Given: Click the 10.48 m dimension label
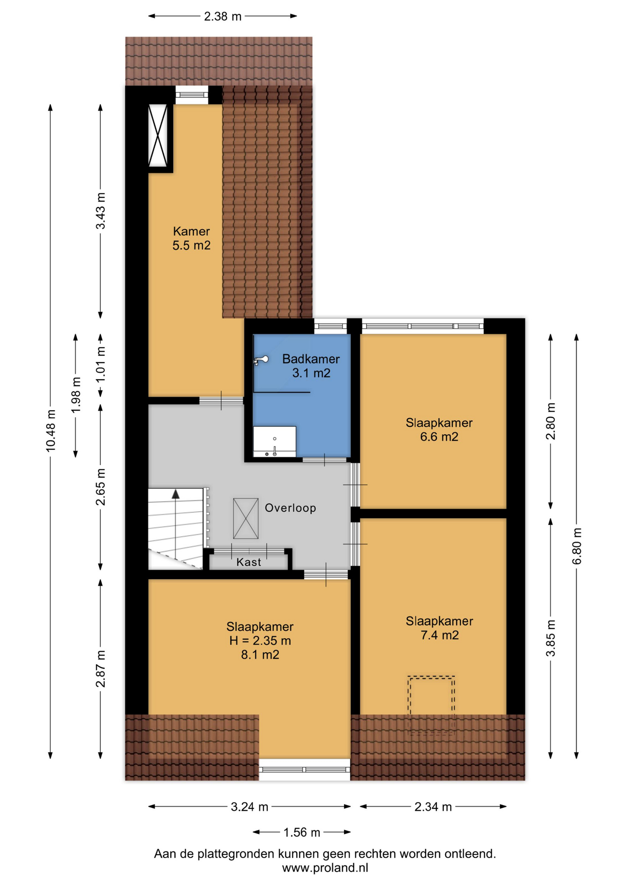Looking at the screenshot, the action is [51, 430].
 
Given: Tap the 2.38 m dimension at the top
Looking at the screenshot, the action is [223, 17].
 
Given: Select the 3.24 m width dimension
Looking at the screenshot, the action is [249, 807].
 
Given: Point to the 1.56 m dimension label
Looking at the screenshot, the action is [301, 832].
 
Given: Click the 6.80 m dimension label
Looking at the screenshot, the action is [577, 546].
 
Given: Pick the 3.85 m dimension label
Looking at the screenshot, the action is [551, 638].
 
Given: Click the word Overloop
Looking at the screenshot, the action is [290, 508].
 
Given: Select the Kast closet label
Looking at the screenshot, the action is [249, 562].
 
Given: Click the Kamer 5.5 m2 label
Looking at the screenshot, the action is [192, 238].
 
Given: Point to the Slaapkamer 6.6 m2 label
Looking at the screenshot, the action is [439, 430].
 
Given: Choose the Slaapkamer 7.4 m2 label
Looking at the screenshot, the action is [439, 628].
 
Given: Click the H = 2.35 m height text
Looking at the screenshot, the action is [260, 641].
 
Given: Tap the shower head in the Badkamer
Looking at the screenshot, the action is [261, 360].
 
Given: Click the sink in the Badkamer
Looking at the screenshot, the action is [274, 442].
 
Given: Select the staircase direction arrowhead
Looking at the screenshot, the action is [175, 494].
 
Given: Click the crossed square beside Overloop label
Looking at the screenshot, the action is [246, 519].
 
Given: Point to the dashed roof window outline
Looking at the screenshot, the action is [431, 704].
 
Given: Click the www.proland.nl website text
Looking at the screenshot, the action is [325, 868].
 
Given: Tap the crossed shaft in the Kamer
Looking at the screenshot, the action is [158, 135].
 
